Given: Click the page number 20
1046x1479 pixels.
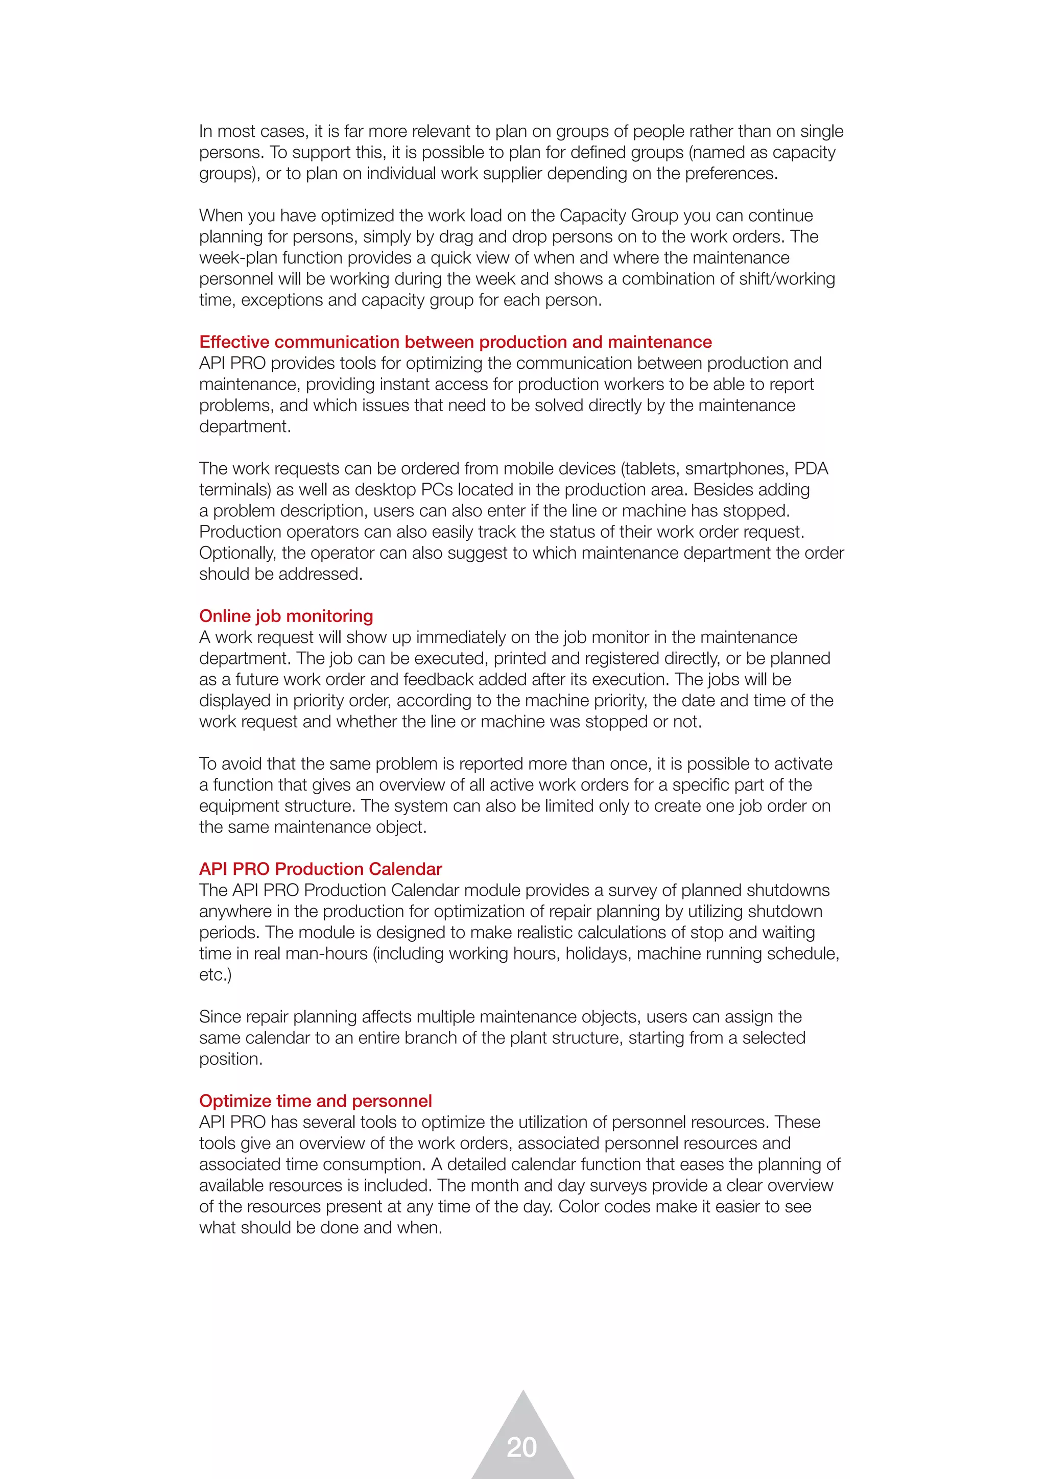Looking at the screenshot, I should tap(521, 1447).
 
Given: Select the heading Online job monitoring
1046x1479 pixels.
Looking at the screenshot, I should tap(286, 616).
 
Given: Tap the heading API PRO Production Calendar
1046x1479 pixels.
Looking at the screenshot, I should tap(320, 869).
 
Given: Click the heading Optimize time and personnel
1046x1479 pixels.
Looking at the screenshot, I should tap(315, 1101).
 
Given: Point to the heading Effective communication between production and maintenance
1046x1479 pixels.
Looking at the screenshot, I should tap(456, 342).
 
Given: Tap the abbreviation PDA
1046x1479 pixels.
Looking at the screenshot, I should tap(811, 468).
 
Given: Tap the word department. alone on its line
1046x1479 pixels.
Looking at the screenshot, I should tap(245, 426).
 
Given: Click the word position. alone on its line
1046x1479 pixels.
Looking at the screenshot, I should tap(230, 1059).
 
